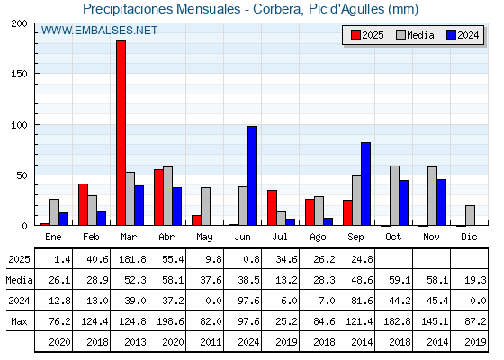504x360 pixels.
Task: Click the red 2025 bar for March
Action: click(121, 133)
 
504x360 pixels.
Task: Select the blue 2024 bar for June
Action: click(252, 175)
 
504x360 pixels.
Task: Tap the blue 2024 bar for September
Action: click(365, 184)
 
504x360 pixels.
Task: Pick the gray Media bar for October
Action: click(395, 195)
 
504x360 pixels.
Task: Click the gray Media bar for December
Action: click(470, 215)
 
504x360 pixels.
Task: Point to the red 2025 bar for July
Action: click(272, 208)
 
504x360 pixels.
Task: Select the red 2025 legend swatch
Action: click(355, 35)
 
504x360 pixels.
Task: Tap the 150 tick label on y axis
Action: click(19, 74)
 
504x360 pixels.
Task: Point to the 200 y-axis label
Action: click(19, 23)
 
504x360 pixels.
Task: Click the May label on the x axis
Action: click(204, 238)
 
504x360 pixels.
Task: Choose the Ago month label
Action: click(318, 238)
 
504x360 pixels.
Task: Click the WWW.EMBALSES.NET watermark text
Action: click(99, 31)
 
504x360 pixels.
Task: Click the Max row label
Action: click(19, 321)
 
